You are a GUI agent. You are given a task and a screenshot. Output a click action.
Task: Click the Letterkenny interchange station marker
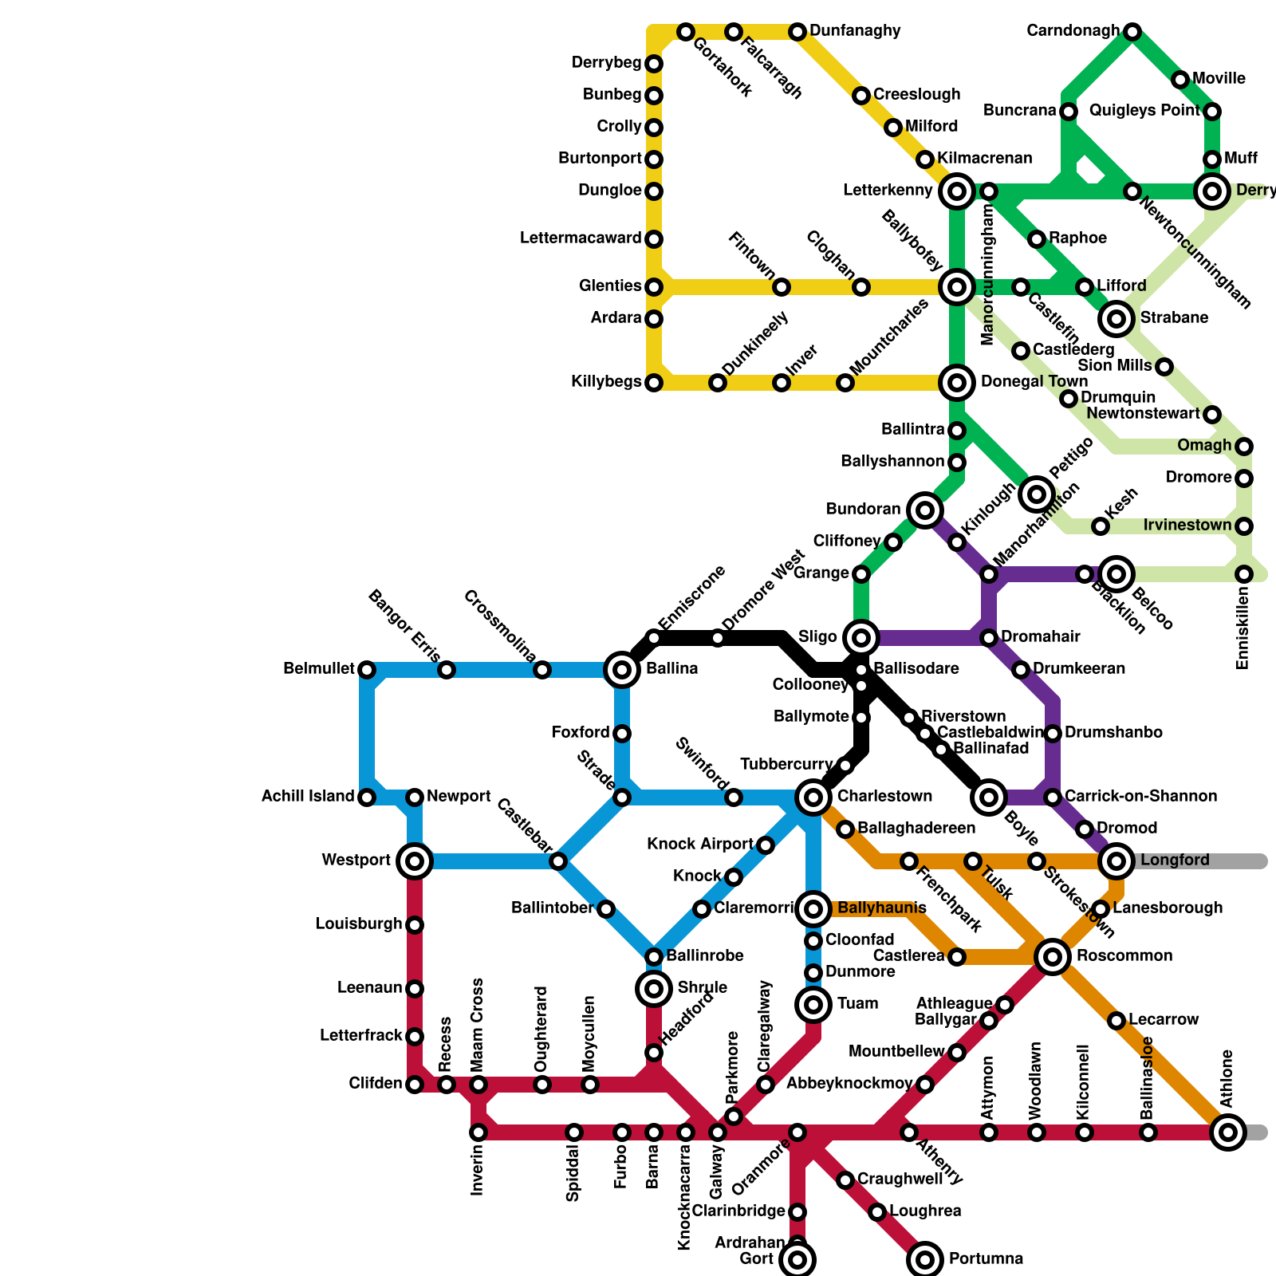(957, 191)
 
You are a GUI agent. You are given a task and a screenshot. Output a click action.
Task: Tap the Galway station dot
(718, 1132)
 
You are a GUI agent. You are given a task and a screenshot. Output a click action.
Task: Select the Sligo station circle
(861, 637)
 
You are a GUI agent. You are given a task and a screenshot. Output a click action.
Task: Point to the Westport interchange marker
(415, 861)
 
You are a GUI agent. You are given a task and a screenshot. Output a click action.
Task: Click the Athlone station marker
(1228, 1132)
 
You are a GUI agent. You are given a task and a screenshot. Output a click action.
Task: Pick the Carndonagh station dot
(1132, 32)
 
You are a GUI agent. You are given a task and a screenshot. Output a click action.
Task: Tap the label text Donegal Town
(1034, 382)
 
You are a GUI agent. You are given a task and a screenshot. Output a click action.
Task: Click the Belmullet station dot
(367, 670)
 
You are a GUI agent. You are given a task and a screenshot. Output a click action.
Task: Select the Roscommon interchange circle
(1053, 956)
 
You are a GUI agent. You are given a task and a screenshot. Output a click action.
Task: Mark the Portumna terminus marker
(925, 1260)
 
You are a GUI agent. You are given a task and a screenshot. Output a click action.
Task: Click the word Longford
(1175, 861)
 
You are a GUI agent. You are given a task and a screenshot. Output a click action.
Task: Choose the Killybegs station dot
(654, 383)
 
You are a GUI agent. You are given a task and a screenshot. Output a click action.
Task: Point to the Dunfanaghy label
(855, 31)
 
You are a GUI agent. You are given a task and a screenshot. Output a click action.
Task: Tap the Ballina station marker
(622, 670)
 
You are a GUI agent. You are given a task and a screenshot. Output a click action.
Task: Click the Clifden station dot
(415, 1085)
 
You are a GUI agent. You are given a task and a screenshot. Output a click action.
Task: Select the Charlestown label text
(884, 797)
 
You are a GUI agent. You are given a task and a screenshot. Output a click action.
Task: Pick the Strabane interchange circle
(1116, 319)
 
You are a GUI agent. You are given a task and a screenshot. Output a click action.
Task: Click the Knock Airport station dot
(766, 845)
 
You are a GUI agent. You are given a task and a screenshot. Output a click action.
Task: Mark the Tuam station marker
(813, 1005)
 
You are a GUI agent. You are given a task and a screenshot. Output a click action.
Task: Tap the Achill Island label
(308, 797)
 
